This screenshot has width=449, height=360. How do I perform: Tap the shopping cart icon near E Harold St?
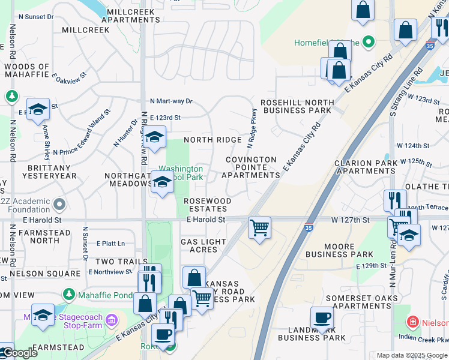[x=259, y=227]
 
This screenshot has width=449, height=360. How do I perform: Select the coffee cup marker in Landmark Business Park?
[x=322, y=317]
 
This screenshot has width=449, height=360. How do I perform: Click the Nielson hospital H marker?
[x=412, y=322]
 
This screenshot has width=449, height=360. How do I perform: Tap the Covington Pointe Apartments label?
[x=251, y=167]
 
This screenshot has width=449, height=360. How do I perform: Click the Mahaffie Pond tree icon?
[x=69, y=295]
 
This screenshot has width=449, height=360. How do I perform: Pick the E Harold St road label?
[x=205, y=220]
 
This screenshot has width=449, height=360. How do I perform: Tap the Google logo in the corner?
[x=19, y=353]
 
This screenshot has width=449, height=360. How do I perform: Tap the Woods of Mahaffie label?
[x=26, y=70]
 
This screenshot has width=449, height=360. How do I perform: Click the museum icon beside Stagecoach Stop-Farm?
[x=110, y=320]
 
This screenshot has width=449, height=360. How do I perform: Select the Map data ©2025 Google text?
[x=411, y=355]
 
